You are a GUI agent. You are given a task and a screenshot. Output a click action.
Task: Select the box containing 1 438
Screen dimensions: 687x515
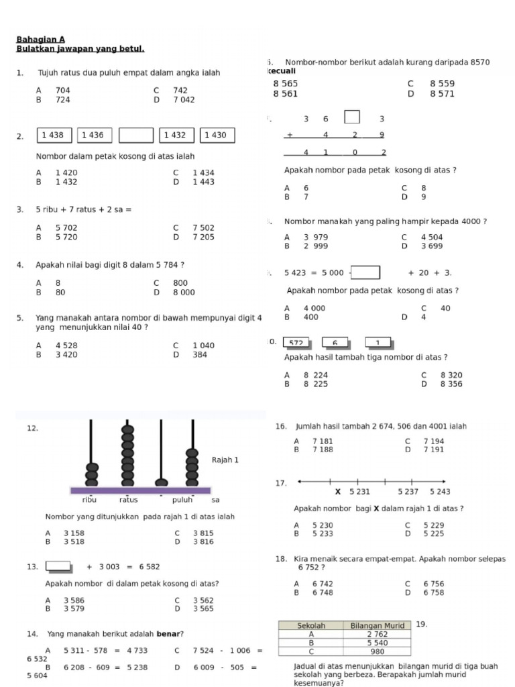pos(52,136)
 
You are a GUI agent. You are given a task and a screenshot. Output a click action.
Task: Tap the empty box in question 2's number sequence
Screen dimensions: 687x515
pos(135,136)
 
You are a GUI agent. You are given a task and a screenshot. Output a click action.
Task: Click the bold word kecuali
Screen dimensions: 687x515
pos(282,71)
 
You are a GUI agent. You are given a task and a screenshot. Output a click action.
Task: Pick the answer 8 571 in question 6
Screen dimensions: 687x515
pos(442,95)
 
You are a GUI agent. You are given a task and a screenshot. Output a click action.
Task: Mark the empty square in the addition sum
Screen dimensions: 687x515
pos(352,117)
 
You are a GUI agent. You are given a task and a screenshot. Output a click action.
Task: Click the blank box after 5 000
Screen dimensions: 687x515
pos(365,272)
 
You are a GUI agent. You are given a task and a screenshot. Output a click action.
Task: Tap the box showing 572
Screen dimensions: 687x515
pos(296,343)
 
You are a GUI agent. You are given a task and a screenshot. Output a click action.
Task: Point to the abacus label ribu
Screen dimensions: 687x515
pos(89,500)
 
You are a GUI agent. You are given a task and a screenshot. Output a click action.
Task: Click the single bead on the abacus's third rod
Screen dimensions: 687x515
pos(161,482)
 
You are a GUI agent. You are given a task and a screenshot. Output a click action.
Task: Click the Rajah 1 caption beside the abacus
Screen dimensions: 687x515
pos(225,460)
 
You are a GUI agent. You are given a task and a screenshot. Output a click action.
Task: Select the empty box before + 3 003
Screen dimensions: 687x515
pos(59,566)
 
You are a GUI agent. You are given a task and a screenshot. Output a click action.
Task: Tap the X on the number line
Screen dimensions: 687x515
pos(338,492)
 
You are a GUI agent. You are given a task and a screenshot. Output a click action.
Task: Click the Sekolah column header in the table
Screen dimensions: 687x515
pos(311,625)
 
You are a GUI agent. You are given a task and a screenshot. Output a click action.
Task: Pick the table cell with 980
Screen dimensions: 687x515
pos(378,651)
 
